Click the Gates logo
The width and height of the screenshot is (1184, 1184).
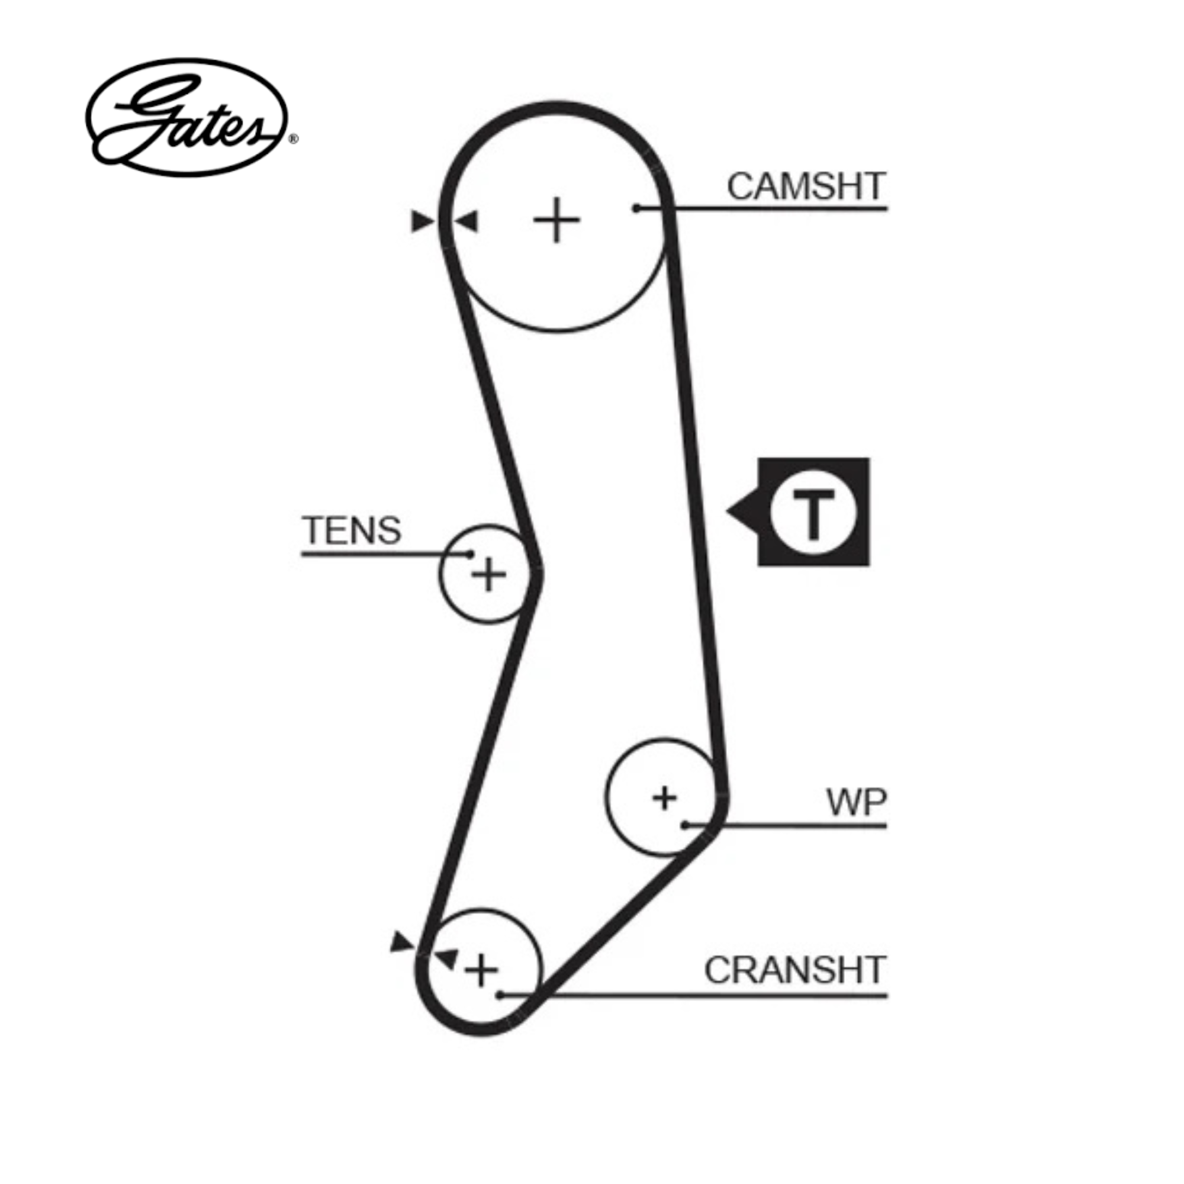[186, 118]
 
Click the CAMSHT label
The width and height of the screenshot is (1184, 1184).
[806, 186]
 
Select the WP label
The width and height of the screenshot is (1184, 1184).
[856, 802]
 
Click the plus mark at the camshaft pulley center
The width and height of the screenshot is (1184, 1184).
[556, 220]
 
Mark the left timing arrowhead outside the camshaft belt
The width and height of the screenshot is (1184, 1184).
[422, 221]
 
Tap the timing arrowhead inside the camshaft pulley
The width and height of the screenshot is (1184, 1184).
[467, 221]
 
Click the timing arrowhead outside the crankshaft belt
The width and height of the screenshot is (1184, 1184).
[401, 958]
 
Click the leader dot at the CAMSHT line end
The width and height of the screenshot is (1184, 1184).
[637, 209]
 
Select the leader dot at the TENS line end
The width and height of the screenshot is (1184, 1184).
[470, 554]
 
